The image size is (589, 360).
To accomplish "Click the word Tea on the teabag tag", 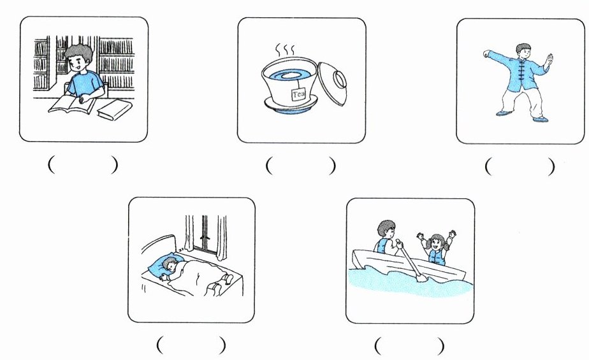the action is pos(299,94).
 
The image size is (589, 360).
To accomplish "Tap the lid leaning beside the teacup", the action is pos(333,83).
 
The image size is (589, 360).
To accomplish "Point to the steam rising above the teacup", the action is pos(285,49).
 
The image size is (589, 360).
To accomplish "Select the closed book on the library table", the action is pos(115,110).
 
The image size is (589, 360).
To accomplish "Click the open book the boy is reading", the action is pos(72,104).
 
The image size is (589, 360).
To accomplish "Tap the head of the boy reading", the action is pos(79,58).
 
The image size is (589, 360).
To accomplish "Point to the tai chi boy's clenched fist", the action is pos(487,54).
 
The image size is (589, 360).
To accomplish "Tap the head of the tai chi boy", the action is pos(523,51).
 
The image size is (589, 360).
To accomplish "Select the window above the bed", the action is pos(205,234).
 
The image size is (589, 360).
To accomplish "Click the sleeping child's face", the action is pos(172,267).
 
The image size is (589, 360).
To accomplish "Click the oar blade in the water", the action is pos(422,277).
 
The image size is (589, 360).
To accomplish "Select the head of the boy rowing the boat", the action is pos(386,229).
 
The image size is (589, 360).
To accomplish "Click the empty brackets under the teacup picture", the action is pos(300,166).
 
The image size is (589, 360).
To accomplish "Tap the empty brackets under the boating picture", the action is pos(409,345).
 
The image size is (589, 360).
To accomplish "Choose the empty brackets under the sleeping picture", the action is pos(191,345).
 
